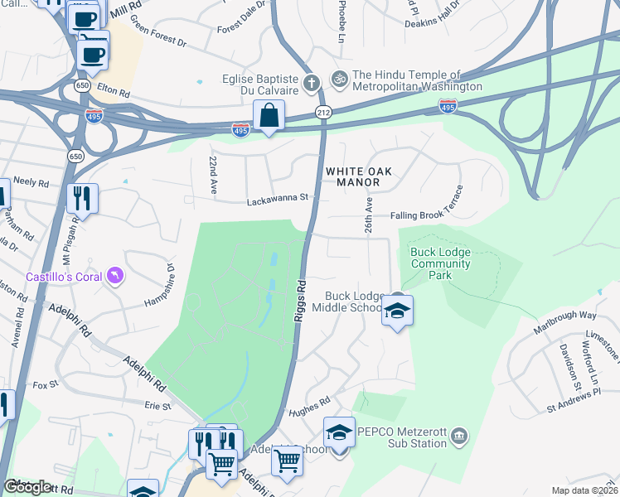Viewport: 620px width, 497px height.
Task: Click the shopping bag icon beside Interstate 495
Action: coord(269,117)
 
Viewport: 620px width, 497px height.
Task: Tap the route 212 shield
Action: coord(322,111)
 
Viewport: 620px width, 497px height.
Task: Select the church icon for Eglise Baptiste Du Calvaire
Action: coord(312,82)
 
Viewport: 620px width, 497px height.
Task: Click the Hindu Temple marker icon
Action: coord(338,80)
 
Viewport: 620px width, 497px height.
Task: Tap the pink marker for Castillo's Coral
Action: coord(115,274)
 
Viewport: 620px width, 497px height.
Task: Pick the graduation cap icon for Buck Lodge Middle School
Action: coord(397,311)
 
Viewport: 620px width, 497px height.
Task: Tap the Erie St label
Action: coord(157,407)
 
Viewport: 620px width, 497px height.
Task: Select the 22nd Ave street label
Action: coord(213,176)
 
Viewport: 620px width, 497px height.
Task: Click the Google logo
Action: coord(27,487)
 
